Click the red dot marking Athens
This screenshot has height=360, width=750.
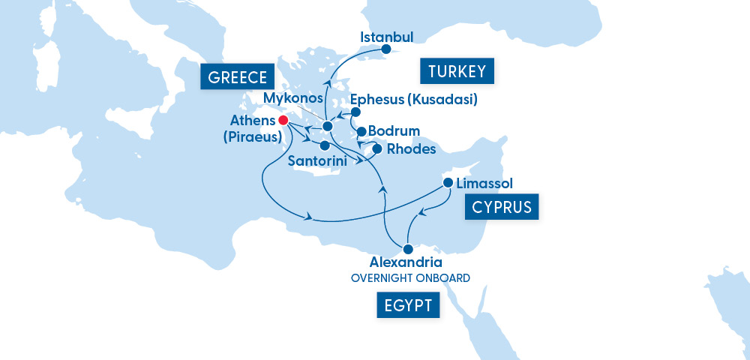pos(283,120)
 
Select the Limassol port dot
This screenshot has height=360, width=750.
pos(448,183)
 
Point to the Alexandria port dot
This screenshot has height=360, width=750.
pos(408,249)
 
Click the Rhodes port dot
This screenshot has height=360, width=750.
pos(377,149)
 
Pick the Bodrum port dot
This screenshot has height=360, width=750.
pos(361,132)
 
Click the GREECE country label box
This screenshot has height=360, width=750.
pos(238,77)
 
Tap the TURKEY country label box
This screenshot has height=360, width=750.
pos(457,72)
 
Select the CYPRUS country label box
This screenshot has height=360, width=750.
pos(502,207)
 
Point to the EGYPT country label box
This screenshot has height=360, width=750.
pos(409,305)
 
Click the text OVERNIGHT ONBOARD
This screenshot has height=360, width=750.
pos(410,278)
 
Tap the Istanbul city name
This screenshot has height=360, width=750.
pos(387,36)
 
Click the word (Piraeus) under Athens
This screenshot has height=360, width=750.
pos(252,136)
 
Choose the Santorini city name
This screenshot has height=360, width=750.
pos(318,161)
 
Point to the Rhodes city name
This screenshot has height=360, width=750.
pos(412,149)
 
